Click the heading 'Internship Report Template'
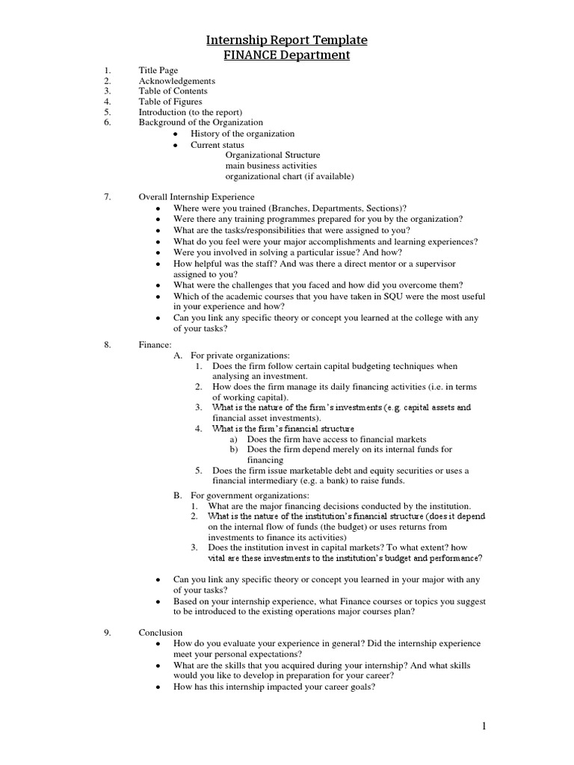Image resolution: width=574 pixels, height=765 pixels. (288, 40)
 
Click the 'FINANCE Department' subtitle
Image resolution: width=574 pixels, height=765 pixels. (288, 55)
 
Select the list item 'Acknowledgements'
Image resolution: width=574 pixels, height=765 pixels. (176, 81)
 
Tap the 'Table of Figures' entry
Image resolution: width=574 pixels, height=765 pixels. (170, 102)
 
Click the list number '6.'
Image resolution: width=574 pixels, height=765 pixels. (108, 123)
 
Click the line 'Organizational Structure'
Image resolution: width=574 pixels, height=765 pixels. (271, 155)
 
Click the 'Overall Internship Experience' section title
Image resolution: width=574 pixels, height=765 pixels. (197, 197)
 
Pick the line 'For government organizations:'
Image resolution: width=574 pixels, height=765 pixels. (249, 495)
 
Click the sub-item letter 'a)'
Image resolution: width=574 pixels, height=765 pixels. (234, 439)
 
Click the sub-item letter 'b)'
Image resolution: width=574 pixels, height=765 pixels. (234, 450)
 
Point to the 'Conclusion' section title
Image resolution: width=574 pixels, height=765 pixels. (161, 633)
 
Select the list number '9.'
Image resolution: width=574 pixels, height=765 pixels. (108, 633)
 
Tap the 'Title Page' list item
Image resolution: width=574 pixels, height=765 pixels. (158, 70)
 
